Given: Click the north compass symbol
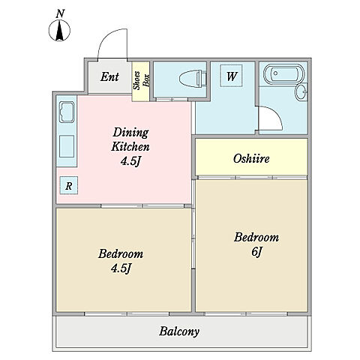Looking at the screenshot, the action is coord(59,31).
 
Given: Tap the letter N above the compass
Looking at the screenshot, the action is coord(60,13).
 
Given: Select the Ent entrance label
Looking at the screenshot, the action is coord(109,76).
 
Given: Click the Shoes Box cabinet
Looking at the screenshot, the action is coord(141,81).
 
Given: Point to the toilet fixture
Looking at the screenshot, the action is coord(193,79).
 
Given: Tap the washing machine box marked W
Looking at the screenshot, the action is coord(231,76).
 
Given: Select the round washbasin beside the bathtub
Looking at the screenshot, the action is coord(301,92).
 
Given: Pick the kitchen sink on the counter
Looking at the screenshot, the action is coord(67,112).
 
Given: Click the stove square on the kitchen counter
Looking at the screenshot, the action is coord(67,146).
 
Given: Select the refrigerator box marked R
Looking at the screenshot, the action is coord(69,185).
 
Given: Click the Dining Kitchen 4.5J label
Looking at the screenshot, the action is coord(130,146).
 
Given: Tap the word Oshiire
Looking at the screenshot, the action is coord(251,158).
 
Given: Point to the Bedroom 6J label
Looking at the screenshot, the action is coord(256,244).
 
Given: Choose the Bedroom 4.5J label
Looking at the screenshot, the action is coord(121,261).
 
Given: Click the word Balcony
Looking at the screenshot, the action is coord(179,331).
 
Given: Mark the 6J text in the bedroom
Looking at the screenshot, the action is coord(256,252).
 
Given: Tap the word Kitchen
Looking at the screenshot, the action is coord(130,146).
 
